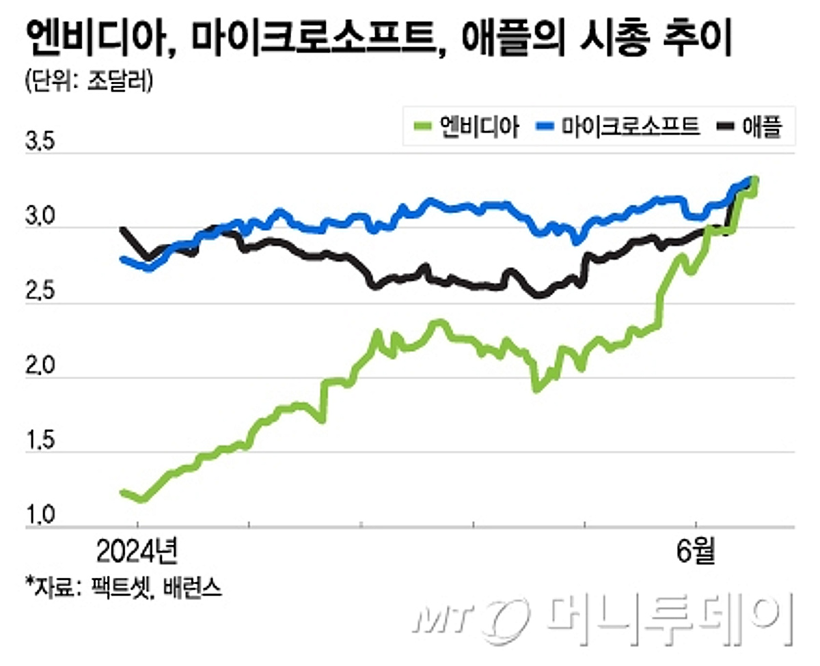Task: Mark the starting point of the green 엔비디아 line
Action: pos(122,492)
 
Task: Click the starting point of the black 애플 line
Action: pos(122,229)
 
